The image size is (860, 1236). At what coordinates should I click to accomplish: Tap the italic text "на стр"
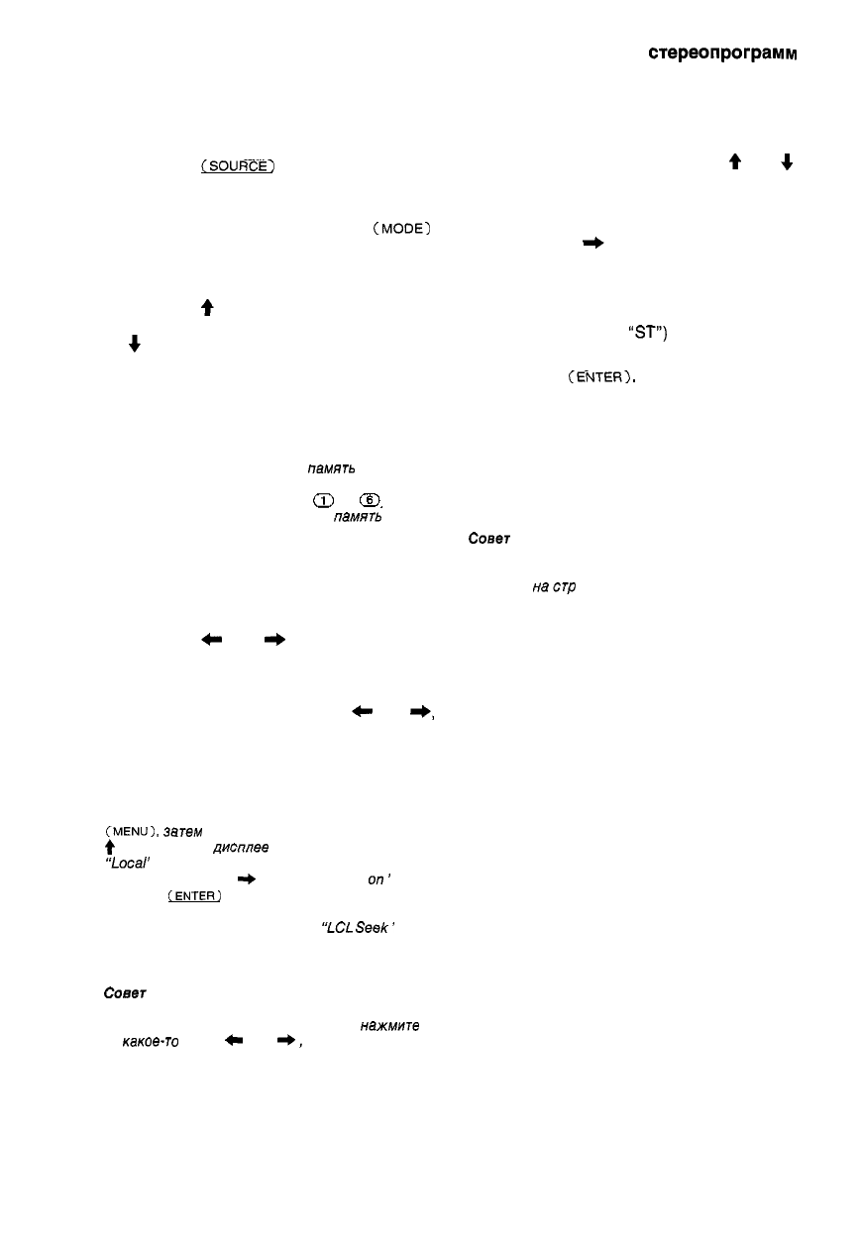[555, 588]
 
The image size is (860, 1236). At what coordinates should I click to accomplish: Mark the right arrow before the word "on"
[242, 878]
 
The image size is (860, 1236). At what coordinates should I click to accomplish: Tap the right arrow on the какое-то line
[283, 1039]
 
